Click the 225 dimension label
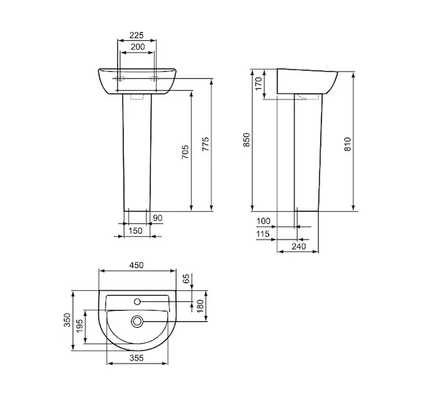(x=136, y=36)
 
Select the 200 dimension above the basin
(x=138, y=47)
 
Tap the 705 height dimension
(x=185, y=152)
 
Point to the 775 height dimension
(x=205, y=144)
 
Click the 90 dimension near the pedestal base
(x=158, y=218)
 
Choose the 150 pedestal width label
(x=135, y=230)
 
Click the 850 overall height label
(x=246, y=140)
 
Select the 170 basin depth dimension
(x=258, y=84)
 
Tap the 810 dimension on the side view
(x=348, y=144)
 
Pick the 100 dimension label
(x=263, y=221)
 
